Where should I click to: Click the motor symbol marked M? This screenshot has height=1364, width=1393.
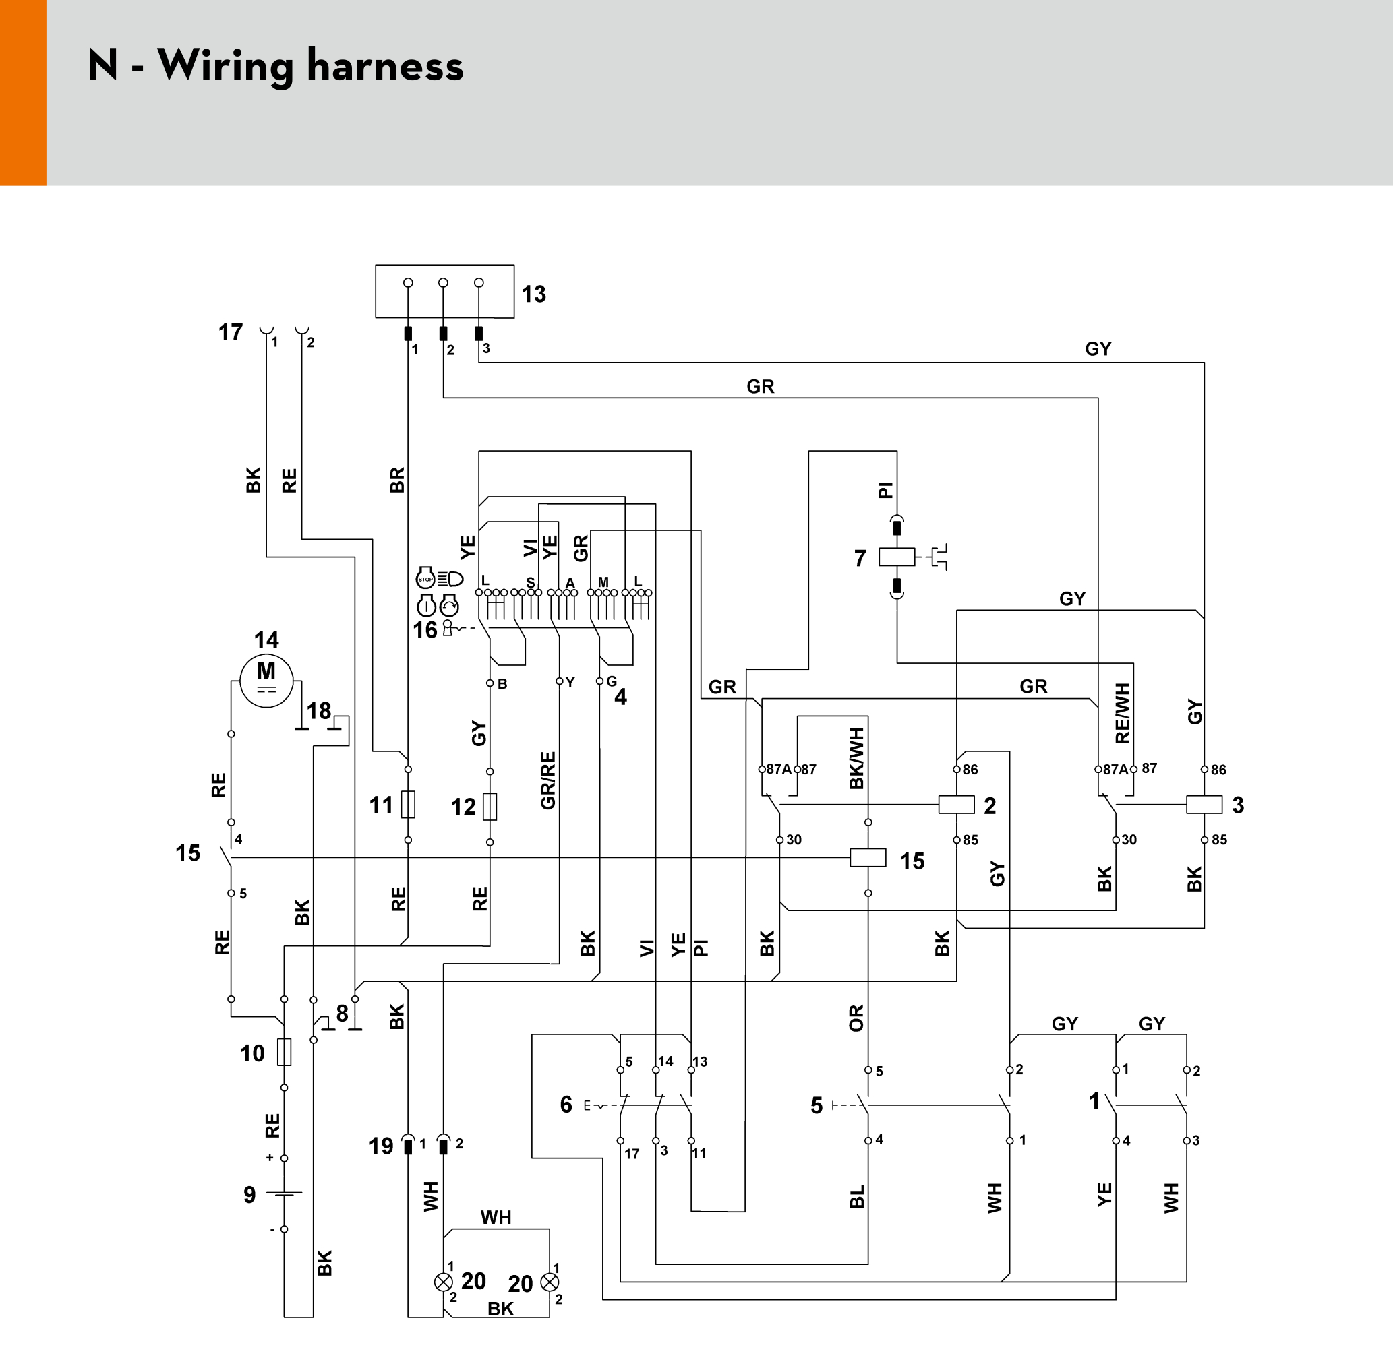click(266, 681)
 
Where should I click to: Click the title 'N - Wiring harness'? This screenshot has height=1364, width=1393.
click(276, 66)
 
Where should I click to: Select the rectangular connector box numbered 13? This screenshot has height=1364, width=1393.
click(444, 291)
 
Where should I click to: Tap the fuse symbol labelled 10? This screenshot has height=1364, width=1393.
click(285, 1053)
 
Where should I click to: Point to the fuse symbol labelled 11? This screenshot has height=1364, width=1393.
click(408, 805)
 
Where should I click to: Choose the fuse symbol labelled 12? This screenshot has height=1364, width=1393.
click(490, 807)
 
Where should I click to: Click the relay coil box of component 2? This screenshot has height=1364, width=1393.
click(957, 805)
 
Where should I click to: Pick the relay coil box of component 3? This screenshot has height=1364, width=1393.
click(1204, 805)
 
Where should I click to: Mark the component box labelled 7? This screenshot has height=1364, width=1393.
click(897, 557)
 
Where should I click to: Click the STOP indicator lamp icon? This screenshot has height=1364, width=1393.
click(425, 578)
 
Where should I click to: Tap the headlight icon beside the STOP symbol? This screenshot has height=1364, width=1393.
click(450, 579)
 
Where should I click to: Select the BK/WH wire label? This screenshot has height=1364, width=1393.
click(856, 759)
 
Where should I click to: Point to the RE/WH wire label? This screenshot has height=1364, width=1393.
click(1123, 714)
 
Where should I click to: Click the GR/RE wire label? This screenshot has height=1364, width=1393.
click(548, 781)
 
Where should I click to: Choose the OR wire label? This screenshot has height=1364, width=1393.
click(856, 1018)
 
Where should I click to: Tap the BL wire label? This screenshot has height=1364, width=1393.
click(857, 1197)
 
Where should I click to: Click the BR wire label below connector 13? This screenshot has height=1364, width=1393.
click(397, 480)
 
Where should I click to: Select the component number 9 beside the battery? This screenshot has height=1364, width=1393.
click(249, 1195)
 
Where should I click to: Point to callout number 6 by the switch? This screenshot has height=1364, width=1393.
click(566, 1105)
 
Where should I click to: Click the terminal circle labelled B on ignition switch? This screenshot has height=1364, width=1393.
click(490, 683)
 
